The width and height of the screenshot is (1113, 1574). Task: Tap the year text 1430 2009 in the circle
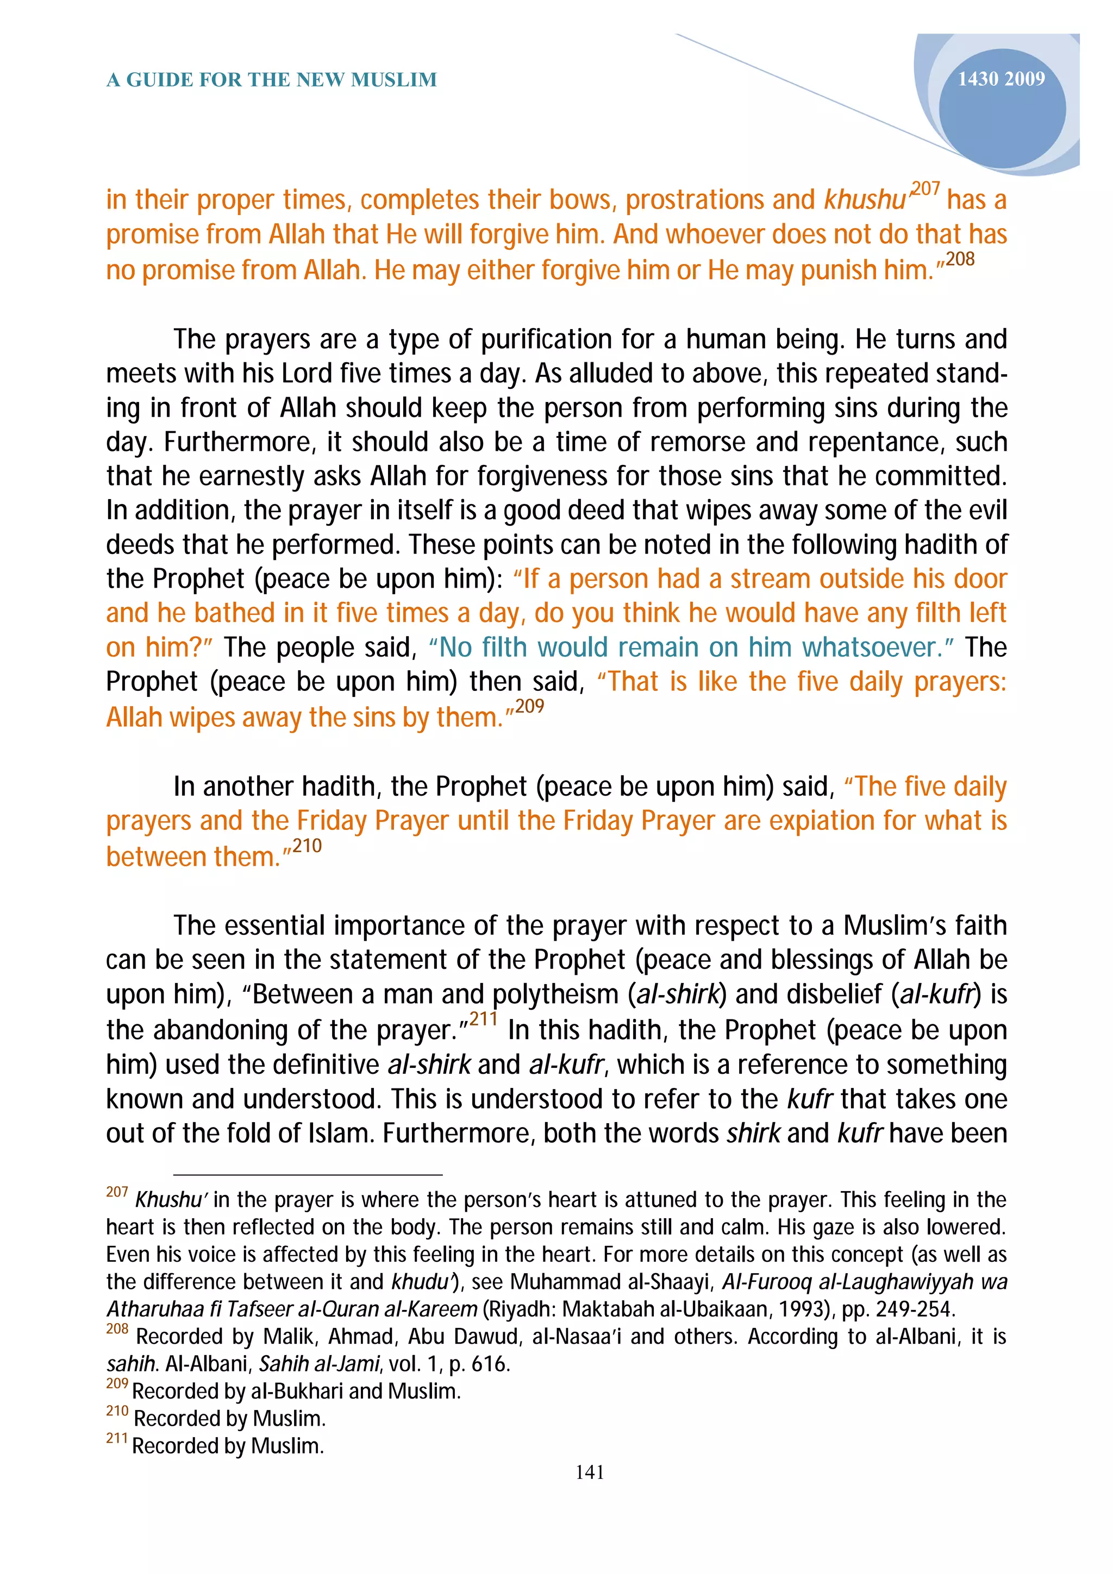tap(1001, 79)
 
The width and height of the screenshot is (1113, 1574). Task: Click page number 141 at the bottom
tap(590, 1472)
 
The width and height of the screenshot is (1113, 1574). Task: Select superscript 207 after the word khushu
tap(924, 188)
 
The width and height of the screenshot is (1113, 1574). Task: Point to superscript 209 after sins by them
tap(529, 706)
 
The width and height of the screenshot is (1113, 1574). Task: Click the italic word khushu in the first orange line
tap(865, 200)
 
